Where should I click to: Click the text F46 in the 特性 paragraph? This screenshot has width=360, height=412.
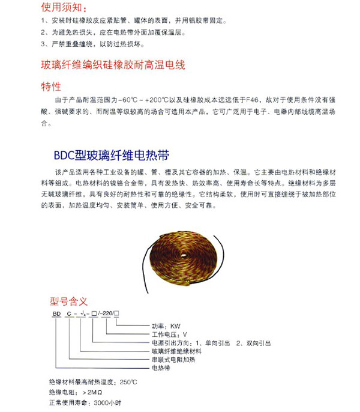point(256,100)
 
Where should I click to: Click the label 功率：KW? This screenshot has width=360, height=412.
point(166,326)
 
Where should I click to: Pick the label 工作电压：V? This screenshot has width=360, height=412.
point(170,335)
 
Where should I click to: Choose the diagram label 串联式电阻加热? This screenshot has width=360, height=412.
point(172,359)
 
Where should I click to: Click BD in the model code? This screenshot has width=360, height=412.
point(55,315)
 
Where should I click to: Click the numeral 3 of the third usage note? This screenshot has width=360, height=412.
point(43,44)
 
